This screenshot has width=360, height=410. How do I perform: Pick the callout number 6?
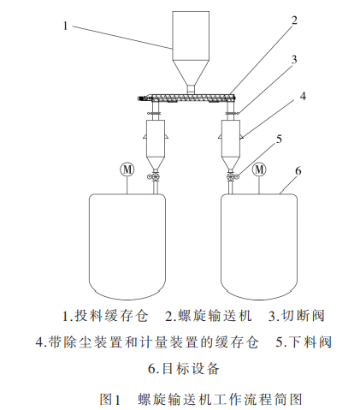tap(297, 171)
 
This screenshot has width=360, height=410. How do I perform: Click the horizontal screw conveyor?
tap(188, 99)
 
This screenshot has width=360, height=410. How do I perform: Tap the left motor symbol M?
tap(127, 169)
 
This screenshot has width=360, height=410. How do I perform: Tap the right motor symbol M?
tap(258, 169)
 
